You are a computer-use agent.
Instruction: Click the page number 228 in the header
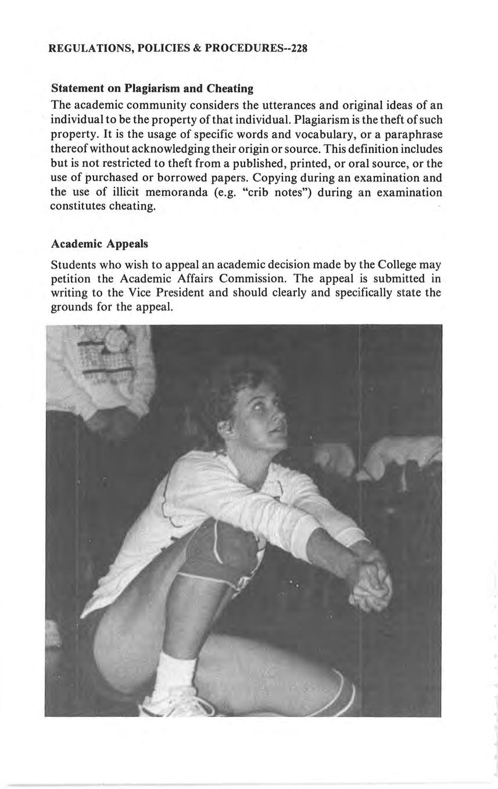coord(298,48)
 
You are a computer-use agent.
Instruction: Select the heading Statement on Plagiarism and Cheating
coord(152,89)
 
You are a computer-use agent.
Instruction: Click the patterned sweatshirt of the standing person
coord(99,366)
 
